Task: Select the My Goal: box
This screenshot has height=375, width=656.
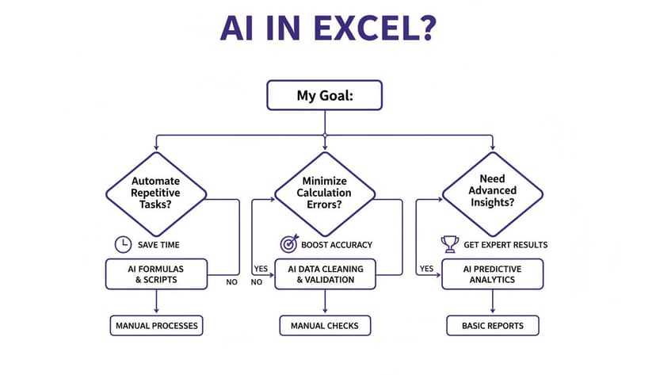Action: [x=325, y=96]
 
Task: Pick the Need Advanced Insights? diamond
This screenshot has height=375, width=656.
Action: [x=492, y=190]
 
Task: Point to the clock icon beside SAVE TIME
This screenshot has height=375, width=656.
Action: [x=123, y=244]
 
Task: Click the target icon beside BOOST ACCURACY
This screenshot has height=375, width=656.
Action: [x=288, y=244]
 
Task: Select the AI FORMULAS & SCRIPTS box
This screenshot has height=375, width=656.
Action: [x=156, y=274]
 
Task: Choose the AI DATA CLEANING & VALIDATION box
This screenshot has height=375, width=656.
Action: [x=325, y=274]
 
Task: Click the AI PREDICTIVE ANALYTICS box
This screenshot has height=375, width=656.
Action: [x=492, y=274]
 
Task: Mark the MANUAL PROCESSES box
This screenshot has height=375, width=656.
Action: [x=156, y=325]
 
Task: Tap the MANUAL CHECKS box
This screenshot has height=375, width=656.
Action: [x=325, y=325]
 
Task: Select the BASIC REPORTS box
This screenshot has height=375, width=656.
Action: [x=492, y=325]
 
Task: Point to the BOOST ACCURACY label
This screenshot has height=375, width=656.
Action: [x=337, y=244]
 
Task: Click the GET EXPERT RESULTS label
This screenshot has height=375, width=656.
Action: [x=505, y=244]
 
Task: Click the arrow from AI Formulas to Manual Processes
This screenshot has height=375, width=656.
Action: [x=156, y=302]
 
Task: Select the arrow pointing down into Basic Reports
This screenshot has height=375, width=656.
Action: [x=492, y=302]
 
